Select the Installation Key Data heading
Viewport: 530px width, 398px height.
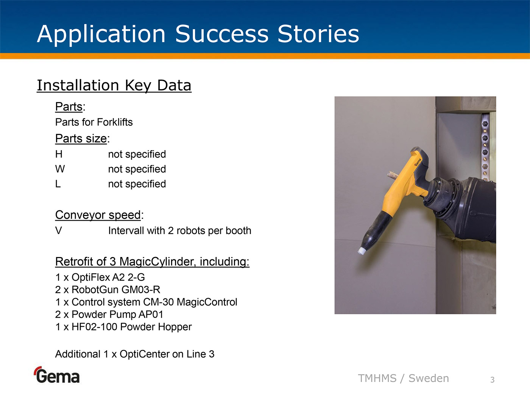114,86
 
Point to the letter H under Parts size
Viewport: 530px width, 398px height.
59,154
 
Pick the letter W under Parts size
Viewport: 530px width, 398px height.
60,169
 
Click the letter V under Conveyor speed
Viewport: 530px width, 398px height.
58,230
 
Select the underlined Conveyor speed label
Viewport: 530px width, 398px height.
98,215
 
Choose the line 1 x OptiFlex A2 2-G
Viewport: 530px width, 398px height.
100,277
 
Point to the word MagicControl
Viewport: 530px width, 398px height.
207,302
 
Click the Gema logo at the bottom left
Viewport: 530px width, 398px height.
57,375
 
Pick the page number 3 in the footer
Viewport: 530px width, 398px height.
493,380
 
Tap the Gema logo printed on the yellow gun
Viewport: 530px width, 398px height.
418,162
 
